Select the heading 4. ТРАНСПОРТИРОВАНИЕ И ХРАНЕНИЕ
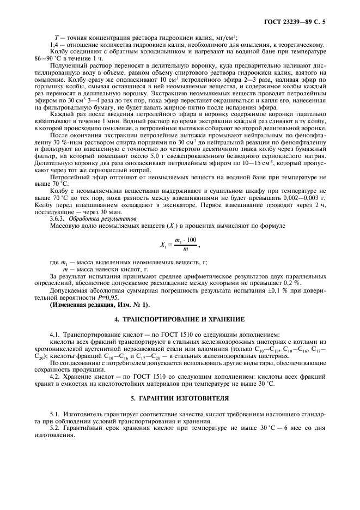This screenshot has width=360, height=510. tap(180, 318)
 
